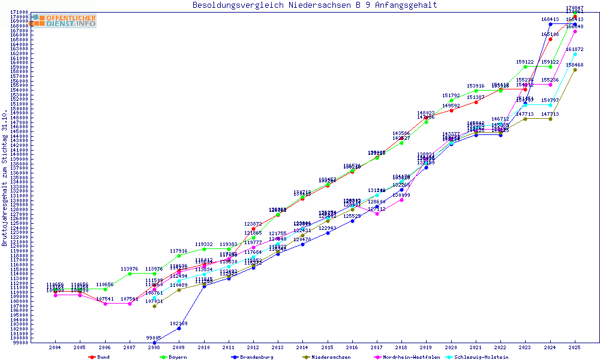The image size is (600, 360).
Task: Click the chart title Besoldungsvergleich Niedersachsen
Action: [314, 5]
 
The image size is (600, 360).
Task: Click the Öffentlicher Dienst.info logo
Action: [63, 20]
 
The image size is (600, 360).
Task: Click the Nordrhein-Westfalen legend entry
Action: [408, 357]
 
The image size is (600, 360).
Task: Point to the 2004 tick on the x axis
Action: [55, 348]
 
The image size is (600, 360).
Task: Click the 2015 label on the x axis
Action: [328, 348]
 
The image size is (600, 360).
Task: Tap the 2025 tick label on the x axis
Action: [575, 348]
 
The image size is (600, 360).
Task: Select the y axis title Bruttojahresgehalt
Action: [5, 178]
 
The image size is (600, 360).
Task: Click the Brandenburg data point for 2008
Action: [155, 343]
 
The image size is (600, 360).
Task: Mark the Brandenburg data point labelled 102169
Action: [179, 328]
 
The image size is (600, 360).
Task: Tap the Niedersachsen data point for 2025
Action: [575, 70]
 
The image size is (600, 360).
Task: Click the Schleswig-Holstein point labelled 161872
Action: [575, 54]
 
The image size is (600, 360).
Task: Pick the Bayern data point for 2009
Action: [179, 256]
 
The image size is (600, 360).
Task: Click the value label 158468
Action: [575, 65]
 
